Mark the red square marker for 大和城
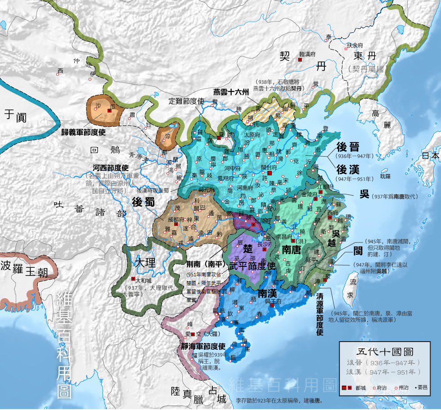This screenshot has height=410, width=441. tap(132, 279)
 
